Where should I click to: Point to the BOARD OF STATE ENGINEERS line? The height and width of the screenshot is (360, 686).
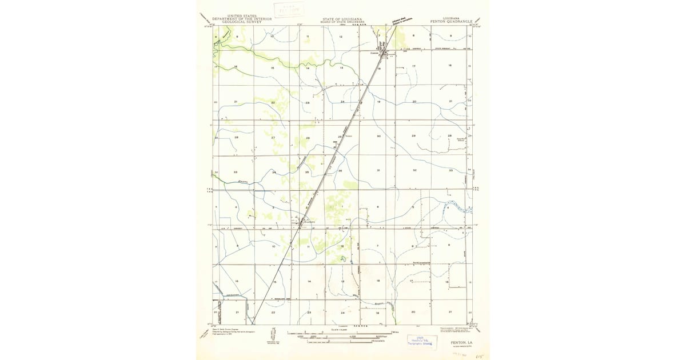tap(343, 22)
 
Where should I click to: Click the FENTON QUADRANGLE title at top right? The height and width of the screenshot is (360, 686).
tap(449, 22)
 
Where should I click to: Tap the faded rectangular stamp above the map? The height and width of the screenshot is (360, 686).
tap(289, 10)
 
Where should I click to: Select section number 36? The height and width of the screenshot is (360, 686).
tap(340, 171)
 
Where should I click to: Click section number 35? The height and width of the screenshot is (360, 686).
tap(307, 171)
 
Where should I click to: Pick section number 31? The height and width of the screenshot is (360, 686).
tap(378, 171)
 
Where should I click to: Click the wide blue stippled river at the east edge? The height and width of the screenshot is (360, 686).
tap(457, 206)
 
